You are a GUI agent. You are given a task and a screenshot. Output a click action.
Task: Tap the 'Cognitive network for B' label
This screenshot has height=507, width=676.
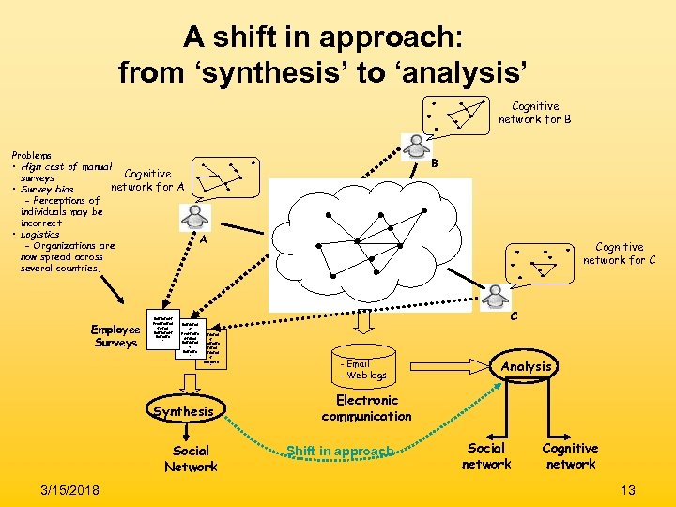tap(534, 113)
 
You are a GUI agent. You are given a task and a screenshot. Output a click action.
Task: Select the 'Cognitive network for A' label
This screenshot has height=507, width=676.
tap(147, 179)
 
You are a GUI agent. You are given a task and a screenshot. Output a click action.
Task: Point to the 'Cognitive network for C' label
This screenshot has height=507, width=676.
tap(619, 253)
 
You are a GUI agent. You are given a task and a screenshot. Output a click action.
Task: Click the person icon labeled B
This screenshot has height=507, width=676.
tap(415, 146)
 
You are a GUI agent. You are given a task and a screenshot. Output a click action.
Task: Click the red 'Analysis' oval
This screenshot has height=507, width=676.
tap(526, 366)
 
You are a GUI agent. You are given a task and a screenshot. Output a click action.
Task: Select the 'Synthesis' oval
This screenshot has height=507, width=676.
tap(183, 411)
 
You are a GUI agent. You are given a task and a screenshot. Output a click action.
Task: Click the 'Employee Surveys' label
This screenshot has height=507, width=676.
tap(115, 335)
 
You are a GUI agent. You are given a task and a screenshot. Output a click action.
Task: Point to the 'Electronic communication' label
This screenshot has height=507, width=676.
tap(366, 407)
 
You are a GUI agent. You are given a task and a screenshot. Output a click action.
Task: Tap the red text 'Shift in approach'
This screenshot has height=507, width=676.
tap(339, 452)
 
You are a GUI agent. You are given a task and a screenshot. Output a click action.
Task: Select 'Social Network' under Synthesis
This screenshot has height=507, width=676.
tap(191, 458)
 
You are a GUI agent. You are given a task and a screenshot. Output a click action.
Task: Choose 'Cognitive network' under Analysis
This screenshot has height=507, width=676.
tap(570, 456)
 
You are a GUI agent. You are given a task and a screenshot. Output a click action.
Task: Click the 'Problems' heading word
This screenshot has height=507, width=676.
tap(32, 154)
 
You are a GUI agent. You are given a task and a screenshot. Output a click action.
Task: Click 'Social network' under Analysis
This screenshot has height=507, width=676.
tap(486, 456)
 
